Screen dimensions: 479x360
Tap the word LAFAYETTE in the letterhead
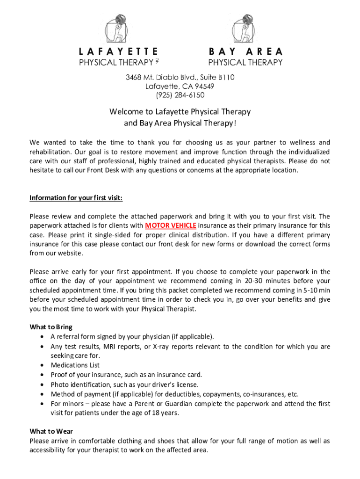point(119,51)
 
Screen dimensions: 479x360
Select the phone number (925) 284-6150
point(180,95)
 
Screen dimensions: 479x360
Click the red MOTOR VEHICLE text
point(171,225)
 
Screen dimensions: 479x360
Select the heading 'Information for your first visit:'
point(76,197)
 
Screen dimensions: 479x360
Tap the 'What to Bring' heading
point(51,327)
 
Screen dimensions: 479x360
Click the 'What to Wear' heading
point(51,431)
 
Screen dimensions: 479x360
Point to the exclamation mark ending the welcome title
point(235,123)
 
